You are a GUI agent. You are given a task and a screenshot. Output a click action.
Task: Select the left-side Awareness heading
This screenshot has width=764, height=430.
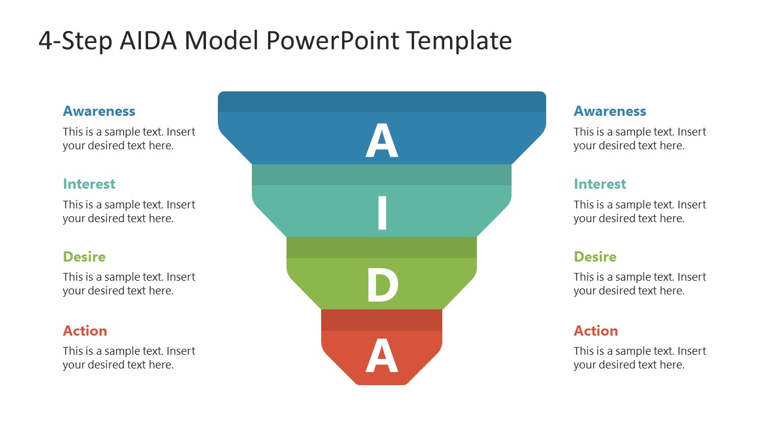tap(99, 111)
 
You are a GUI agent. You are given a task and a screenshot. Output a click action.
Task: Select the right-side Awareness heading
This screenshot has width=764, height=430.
tap(610, 111)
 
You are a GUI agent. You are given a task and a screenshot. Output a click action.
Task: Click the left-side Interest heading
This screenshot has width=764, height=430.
tap(89, 184)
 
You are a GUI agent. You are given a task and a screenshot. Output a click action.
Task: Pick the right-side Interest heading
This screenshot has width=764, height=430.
tap(600, 184)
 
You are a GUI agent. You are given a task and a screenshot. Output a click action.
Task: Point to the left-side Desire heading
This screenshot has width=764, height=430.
tap(84, 257)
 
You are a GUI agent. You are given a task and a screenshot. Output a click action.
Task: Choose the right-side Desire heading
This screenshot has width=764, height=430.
tap(595, 257)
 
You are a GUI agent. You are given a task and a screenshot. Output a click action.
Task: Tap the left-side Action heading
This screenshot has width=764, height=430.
tap(85, 331)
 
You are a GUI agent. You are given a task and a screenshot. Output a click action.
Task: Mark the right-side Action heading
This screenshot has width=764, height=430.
tap(596, 331)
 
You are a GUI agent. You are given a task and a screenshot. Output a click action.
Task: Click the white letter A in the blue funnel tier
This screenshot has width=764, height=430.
tap(381, 141)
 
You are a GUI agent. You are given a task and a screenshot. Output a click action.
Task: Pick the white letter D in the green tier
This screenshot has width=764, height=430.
tap(382, 286)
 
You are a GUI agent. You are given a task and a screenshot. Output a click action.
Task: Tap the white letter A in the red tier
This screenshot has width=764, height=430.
tap(381, 357)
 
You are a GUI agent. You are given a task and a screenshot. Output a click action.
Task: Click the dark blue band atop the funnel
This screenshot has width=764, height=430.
tap(382, 102)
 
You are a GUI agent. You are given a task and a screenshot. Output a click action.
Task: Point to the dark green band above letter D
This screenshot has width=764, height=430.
tap(382, 247)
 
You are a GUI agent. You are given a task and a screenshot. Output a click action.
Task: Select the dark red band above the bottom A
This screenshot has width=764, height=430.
tap(382, 320)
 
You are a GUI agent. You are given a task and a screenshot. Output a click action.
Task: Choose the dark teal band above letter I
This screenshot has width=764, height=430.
tap(382, 174)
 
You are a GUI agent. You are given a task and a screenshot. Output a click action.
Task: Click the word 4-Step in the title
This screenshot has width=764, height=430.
tap(75, 41)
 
